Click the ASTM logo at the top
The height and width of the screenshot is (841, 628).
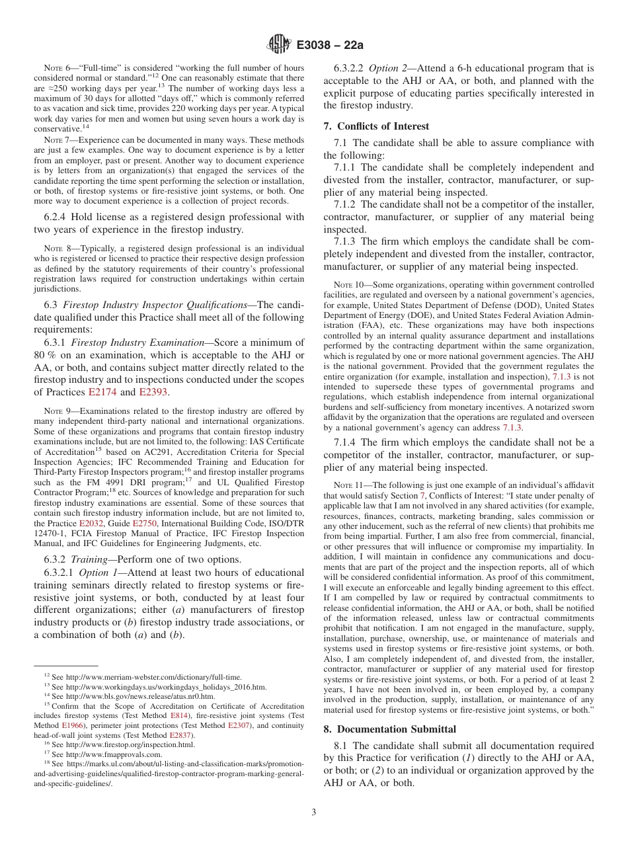[278, 44]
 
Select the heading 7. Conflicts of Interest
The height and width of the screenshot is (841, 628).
[376, 126]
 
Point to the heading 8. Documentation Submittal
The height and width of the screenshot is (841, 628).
[389, 729]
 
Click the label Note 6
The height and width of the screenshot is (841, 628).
[54, 68]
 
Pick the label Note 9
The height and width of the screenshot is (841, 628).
[54, 411]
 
